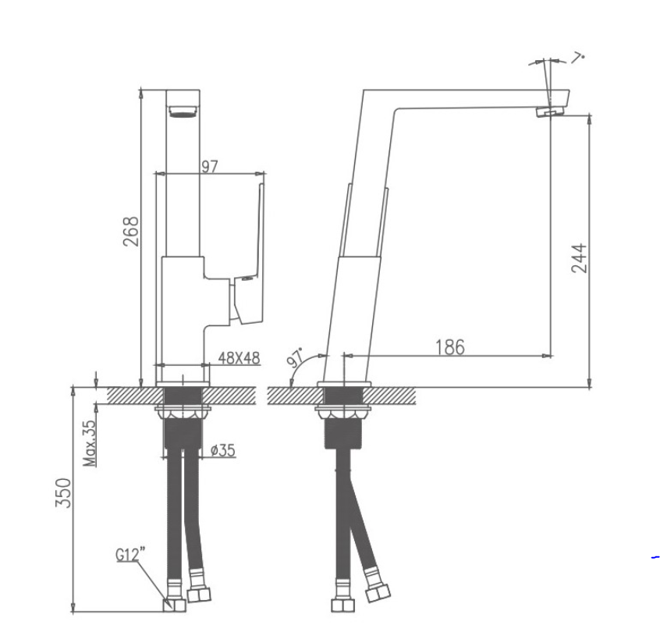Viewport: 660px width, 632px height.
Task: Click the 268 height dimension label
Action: [131, 231]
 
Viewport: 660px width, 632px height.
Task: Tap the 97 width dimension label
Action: [210, 167]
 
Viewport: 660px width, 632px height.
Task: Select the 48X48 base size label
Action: [239, 358]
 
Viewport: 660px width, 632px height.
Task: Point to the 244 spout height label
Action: [579, 258]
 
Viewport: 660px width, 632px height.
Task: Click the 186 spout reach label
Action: [450, 347]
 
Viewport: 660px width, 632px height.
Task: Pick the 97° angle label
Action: [295, 358]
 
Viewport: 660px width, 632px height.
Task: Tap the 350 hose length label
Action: [63, 492]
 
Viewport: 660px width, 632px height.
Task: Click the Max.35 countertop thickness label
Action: [90, 444]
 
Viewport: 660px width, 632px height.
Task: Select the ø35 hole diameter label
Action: [223, 450]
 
